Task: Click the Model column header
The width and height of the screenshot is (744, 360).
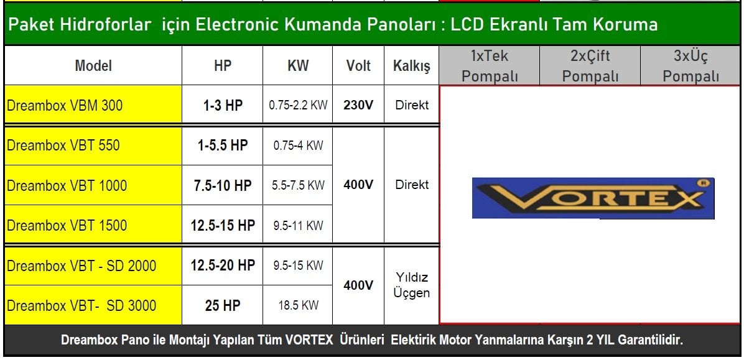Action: click(93, 66)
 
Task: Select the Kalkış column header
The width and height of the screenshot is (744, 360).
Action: click(411, 66)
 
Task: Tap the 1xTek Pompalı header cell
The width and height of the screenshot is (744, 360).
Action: click(489, 66)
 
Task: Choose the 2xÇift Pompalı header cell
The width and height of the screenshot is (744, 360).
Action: click(590, 66)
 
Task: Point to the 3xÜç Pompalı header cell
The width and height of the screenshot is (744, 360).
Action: click(691, 66)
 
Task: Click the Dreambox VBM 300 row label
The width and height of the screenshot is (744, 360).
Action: click(93, 105)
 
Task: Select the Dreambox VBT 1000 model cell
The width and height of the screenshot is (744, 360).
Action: click(93, 185)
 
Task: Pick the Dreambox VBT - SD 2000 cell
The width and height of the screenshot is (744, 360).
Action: click(93, 265)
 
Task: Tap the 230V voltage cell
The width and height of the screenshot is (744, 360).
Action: click(358, 105)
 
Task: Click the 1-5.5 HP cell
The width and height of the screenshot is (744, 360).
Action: click(223, 145)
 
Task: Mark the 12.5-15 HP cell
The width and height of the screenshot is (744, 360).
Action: click(223, 225)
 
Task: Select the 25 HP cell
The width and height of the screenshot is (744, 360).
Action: click(223, 305)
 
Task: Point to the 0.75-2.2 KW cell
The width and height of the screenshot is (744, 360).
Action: click(298, 105)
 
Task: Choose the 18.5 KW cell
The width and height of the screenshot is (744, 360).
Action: click(298, 305)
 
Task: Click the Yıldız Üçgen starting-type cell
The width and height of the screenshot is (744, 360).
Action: click(411, 285)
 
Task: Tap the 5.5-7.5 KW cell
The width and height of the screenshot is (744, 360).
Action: click(298, 185)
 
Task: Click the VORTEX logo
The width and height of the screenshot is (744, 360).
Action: click(593, 198)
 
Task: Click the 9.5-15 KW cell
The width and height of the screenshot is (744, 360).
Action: click(298, 265)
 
